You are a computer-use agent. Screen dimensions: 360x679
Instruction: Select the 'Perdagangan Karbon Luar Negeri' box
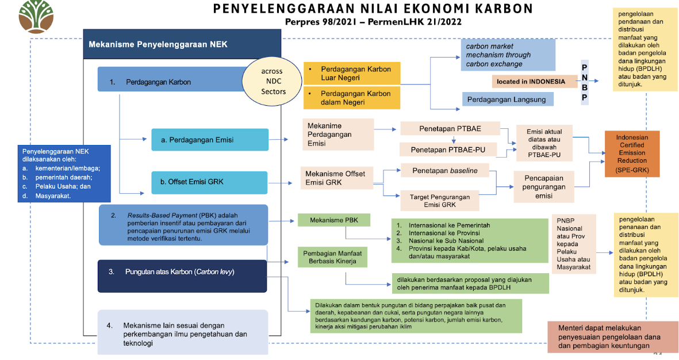click(351, 73)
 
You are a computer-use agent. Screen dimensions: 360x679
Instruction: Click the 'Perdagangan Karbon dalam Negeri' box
click(351, 98)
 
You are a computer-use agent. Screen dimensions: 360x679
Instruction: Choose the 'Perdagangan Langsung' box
click(507, 99)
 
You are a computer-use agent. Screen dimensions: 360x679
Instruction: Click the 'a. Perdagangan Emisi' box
click(210, 140)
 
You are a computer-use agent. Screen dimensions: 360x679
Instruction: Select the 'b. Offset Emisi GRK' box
click(210, 182)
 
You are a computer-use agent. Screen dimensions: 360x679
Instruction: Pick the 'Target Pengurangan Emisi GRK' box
click(447, 201)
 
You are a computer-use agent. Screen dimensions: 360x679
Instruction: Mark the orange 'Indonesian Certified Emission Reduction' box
click(631, 154)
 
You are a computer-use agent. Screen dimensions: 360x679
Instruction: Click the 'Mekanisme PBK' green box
click(333, 220)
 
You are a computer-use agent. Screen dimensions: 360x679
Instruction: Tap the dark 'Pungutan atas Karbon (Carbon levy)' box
click(183, 272)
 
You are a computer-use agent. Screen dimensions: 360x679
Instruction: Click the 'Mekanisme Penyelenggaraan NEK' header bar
click(182, 44)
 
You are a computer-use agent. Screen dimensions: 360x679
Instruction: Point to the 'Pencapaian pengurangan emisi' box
click(543, 186)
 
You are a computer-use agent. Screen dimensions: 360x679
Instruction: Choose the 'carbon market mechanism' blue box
click(508, 55)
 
